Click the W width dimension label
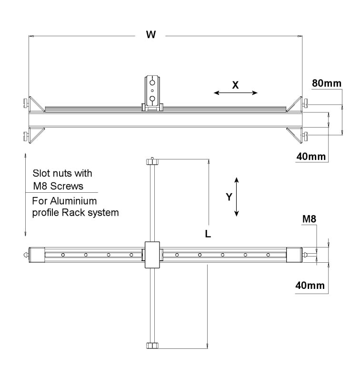coord(151,35)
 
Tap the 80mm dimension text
coord(327,83)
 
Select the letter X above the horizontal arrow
coord(236,85)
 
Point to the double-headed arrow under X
coord(236,93)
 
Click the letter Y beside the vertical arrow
coord(229,197)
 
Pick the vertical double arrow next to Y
coord(236,197)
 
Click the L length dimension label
coord(208,234)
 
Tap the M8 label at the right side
coord(309,219)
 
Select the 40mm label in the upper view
coord(311,157)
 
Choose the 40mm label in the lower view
coord(310,286)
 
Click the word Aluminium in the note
coord(73,201)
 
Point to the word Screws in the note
coord(67,186)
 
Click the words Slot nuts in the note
coord(52,173)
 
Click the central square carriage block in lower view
coord(152,255)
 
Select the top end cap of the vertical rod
coord(152,161)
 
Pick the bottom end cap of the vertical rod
coord(152,346)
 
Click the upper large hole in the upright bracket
coord(152,83)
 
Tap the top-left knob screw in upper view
coord(26,102)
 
